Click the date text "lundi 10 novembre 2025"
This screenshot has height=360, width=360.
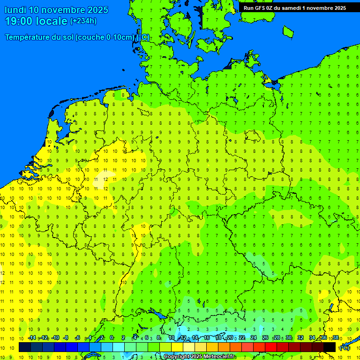click(x=56, y=10)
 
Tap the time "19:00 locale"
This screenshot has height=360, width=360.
click(x=36, y=21)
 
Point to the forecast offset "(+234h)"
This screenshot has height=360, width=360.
click(x=83, y=21)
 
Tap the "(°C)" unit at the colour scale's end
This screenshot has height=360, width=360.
click(x=344, y=347)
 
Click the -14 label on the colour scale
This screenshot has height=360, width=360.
click(x=31, y=338)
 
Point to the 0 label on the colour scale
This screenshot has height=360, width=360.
click(x=112, y=338)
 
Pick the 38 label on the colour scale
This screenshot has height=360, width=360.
click(x=335, y=338)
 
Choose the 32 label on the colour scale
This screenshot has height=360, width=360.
click(x=300, y=338)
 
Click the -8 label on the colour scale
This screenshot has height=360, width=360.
click(x=66, y=338)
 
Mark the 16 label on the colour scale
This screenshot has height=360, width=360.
click(x=207, y=338)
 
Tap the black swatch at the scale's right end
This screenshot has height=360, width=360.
click(x=330, y=347)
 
